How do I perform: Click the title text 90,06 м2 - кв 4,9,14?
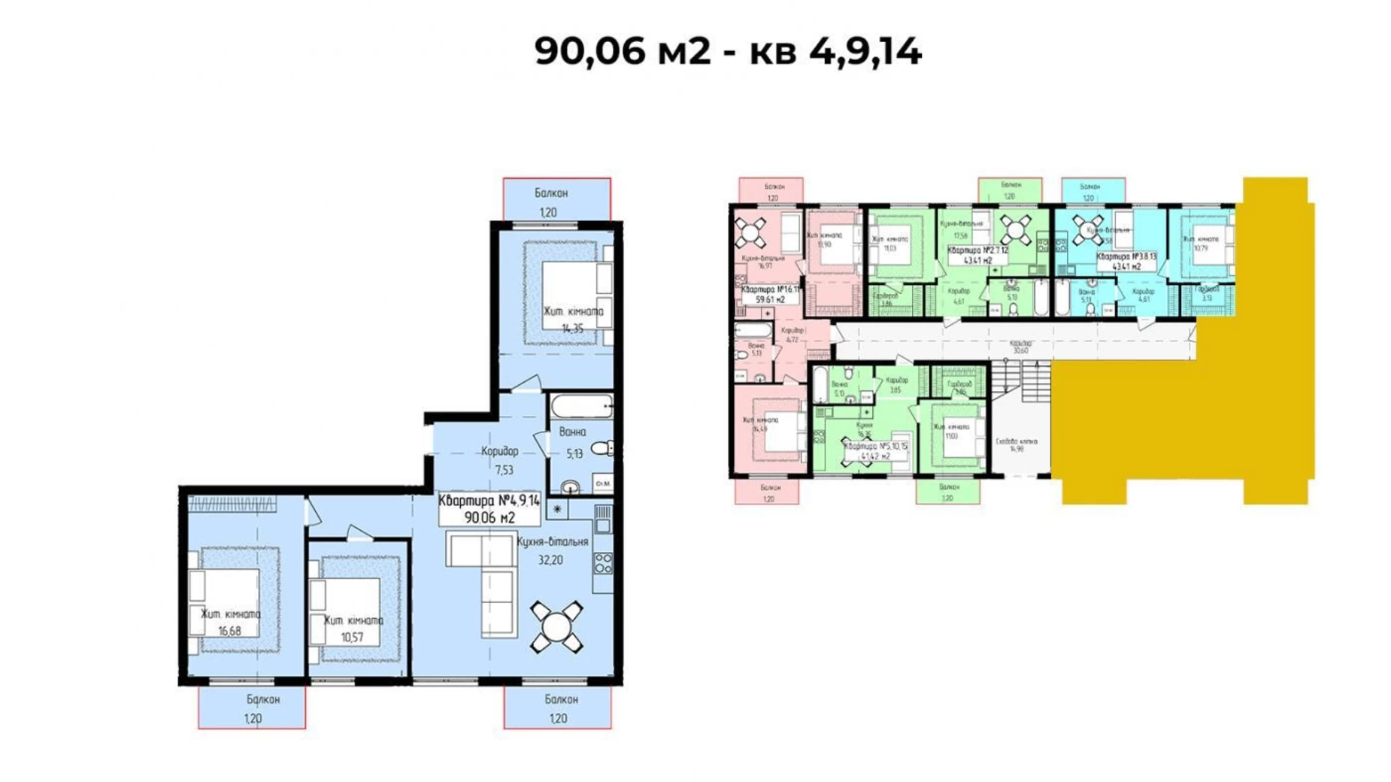point(727,52)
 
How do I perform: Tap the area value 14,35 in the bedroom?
point(572,328)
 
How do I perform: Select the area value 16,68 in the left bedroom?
point(229,631)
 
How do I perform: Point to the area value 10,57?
point(352,637)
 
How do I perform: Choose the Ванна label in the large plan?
point(573,432)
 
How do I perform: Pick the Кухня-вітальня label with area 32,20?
point(553,541)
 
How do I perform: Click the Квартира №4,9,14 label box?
point(489,508)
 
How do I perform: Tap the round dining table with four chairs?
point(556,626)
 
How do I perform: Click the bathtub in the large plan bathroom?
point(581,407)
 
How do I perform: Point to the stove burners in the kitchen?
point(603,563)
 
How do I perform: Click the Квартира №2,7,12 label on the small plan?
point(978,255)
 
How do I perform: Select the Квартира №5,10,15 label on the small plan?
point(876,450)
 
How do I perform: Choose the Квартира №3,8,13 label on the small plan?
point(1126,261)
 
